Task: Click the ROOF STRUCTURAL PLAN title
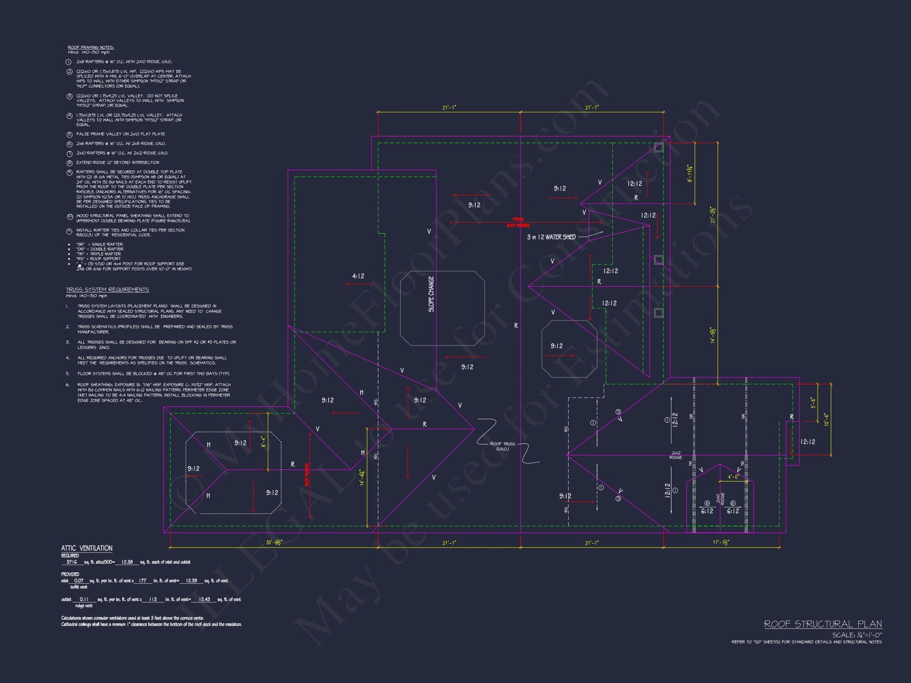(x=822, y=624)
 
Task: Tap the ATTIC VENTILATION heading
(x=87, y=548)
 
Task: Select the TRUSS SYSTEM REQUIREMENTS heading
(x=108, y=289)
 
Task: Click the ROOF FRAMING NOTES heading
(x=91, y=47)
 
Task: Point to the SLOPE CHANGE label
(x=431, y=294)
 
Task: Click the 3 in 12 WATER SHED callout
(x=551, y=237)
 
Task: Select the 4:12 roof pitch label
(x=358, y=276)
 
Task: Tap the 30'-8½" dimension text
(x=274, y=543)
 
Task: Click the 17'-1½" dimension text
(x=721, y=543)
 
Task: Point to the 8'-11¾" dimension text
(x=690, y=174)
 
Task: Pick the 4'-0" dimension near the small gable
(x=733, y=477)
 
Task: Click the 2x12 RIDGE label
(x=676, y=455)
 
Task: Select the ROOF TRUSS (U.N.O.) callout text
(x=503, y=446)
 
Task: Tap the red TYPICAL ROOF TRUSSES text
(x=518, y=222)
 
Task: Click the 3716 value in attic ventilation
(x=72, y=562)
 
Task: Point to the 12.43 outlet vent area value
(x=204, y=599)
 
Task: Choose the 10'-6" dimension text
(x=826, y=419)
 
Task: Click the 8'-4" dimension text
(x=264, y=441)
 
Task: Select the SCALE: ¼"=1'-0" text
(x=857, y=635)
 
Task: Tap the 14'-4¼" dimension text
(x=363, y=477)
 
